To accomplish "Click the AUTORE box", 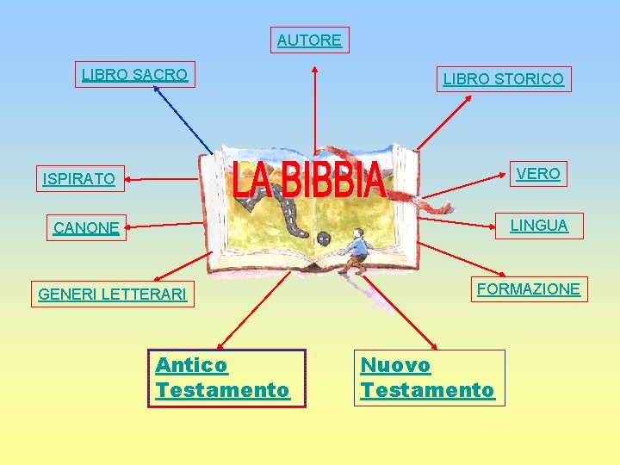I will [x=310, y=40].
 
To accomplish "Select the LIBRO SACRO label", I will [x=134, y=75].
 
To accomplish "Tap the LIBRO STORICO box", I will [x=503, y=79].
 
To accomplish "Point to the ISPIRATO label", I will [x=78, y=179].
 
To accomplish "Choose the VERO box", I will [x=537, y=174].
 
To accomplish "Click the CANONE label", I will [x=86, y=228].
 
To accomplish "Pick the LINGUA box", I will [x=539, y=226].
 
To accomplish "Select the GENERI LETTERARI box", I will [x=112, y=294].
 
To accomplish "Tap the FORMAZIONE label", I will [x=528, y=289].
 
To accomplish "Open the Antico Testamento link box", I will [x=226, y=377].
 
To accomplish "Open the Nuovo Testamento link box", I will [x=428, y=377].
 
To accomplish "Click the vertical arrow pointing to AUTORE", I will [x=315, y=103].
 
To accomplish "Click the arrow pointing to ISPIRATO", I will [x=164, y=179].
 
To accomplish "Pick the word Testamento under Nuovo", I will [x=428, y=390].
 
